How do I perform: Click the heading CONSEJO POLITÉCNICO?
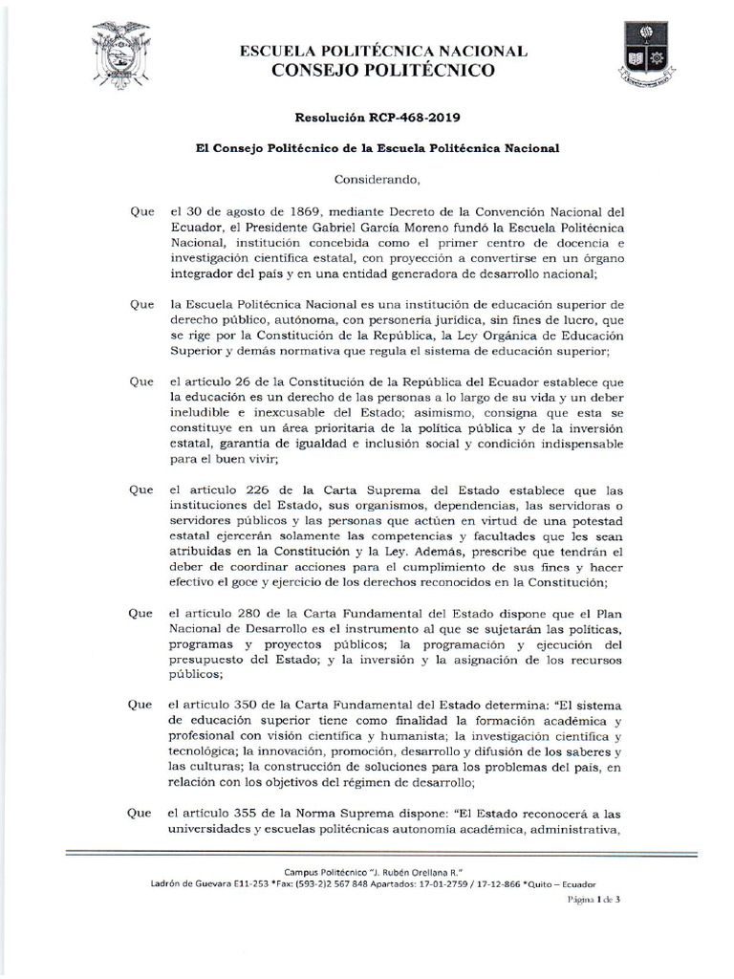(383, 70)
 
